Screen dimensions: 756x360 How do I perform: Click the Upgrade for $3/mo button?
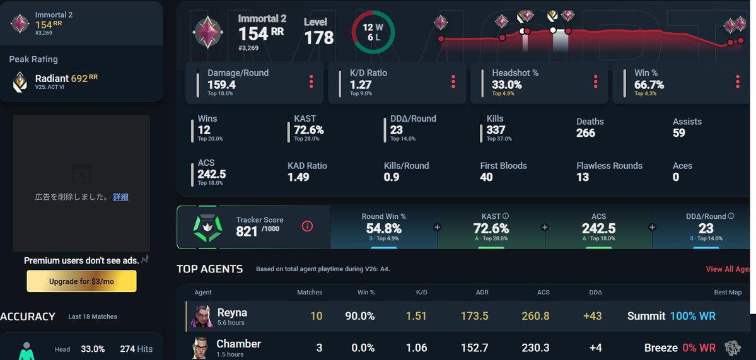81,281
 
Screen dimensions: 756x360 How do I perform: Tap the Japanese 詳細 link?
120,197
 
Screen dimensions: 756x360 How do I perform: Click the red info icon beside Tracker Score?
307,226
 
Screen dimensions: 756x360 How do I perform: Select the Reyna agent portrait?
202,316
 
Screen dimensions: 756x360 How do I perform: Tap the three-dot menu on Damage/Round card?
311,81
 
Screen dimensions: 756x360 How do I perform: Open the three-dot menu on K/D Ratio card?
453,81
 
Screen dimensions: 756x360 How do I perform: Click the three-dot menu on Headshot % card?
595,81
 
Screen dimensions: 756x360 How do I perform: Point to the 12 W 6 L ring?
373,13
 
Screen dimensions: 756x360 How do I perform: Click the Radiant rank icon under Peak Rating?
20,82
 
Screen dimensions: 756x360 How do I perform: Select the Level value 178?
318,38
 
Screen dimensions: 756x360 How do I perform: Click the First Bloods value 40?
486,177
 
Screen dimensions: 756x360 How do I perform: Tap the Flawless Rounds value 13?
583,177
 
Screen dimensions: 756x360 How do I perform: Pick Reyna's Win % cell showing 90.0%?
359,316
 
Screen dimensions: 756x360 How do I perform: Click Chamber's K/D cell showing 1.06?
417,347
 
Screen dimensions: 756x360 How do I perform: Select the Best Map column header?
728,292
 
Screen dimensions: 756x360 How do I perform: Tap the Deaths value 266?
585,133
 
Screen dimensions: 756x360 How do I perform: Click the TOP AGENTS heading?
210,269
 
